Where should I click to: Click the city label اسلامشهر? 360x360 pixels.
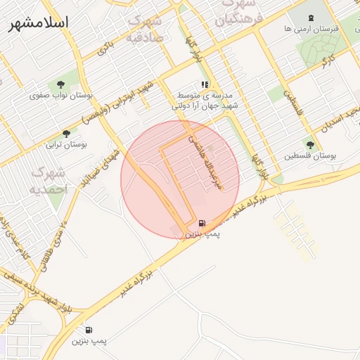(39, 23)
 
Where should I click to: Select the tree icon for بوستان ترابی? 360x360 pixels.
(67, 133)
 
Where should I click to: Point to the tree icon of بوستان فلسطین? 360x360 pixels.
(310, 144)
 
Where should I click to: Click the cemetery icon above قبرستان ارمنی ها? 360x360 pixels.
(311, 17)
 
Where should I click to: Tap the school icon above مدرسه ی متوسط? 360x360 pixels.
(205, 84)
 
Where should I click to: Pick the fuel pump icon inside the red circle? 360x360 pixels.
(202, 221)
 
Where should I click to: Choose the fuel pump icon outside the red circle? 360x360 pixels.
(89, 330)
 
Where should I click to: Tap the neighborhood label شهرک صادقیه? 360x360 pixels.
(146, 30)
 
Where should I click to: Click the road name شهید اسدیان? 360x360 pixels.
(340, 120)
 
